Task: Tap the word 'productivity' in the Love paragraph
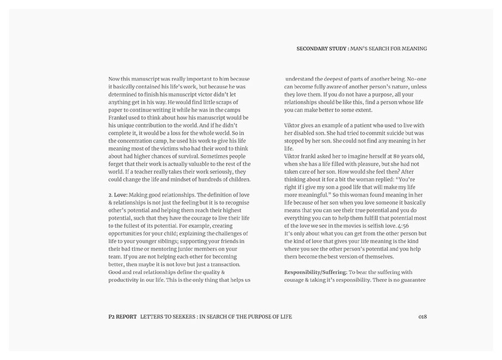pos(128,280)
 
